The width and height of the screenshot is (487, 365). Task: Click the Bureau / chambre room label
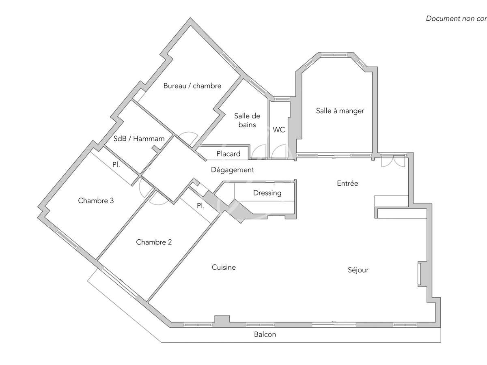(x=192, y=86)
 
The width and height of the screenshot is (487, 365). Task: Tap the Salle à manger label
(x=340, y=111)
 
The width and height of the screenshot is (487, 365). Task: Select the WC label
(x=279, y=130)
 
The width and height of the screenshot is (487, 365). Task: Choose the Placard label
(x=228, y=154)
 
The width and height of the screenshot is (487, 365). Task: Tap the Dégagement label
(x=232, y=170)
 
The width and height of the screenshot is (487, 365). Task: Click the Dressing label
(x=267, y=193)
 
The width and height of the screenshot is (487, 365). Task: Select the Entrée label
(x=348, y=183)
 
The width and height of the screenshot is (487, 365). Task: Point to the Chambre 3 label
(x=96, y=200)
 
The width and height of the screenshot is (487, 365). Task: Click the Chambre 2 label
(x=154, y=242)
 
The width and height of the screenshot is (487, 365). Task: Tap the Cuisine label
(x=224, y=267)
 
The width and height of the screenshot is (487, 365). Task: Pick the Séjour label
(x=358, y=270)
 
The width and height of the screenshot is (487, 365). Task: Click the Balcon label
(x=265, y=334)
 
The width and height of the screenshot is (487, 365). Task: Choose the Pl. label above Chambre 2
(x=200, y=206)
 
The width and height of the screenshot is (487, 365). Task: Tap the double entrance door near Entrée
(x=392, y=161)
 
